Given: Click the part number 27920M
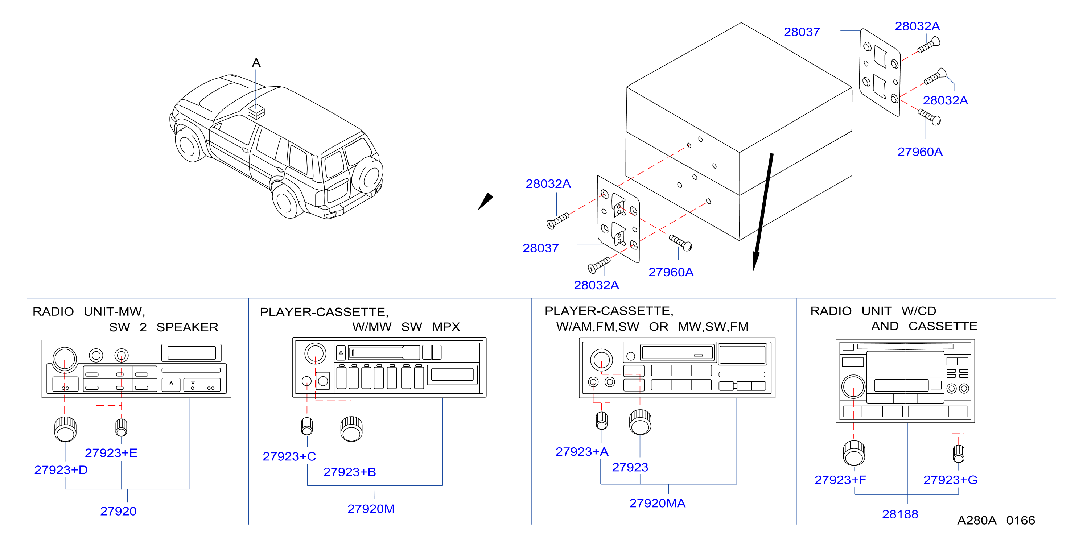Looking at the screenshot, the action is pos(371,509).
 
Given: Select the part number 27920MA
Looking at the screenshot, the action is pos(657,503).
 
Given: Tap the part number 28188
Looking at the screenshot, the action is pos(900,514).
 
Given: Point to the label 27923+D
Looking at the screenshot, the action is pos(61,470).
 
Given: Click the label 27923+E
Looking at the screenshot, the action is pos(111,453).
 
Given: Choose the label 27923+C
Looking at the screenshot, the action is pos(289,456).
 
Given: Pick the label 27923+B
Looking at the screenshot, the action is pos(349,472).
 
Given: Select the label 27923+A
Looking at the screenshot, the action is pos(582,451).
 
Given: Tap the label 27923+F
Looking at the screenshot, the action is pos(840,480).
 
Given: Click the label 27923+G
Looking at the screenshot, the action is pos(950,480).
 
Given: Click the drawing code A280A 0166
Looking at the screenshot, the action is pos(996,520).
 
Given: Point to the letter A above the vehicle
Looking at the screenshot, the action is pos(256,63).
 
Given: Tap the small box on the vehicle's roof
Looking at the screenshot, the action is pos(256,112).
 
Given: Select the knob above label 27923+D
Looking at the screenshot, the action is pos(65,429).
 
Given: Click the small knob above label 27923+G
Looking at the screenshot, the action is pos(959,453).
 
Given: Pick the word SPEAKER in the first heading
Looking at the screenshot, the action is pos(187,327).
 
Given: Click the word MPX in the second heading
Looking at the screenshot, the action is pos(446,327).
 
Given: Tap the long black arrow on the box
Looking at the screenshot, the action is pos(763,212).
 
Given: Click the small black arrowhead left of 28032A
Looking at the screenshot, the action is pos(486,201).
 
